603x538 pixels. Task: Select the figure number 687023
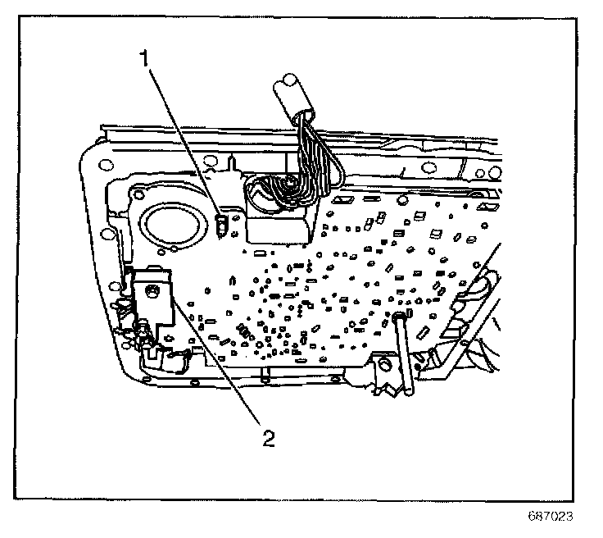[548, 517]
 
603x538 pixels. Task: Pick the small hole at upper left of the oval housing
[137, 196]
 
